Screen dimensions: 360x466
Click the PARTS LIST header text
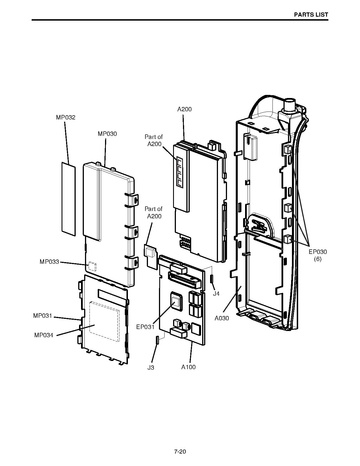tap(311, 15)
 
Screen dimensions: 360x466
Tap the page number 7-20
tap(180, 452)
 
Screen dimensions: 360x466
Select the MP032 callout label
tap(65, 117)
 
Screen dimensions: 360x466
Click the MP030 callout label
tap(107, 134)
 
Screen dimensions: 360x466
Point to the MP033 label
tap(49, 262)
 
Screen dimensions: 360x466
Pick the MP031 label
tap(43, 315)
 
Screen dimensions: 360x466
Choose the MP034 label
tap(44, 335)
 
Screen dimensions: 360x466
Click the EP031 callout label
tap(145, 327)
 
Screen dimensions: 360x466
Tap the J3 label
tap(151, 367)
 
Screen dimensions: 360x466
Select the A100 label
tap(188, 367)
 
